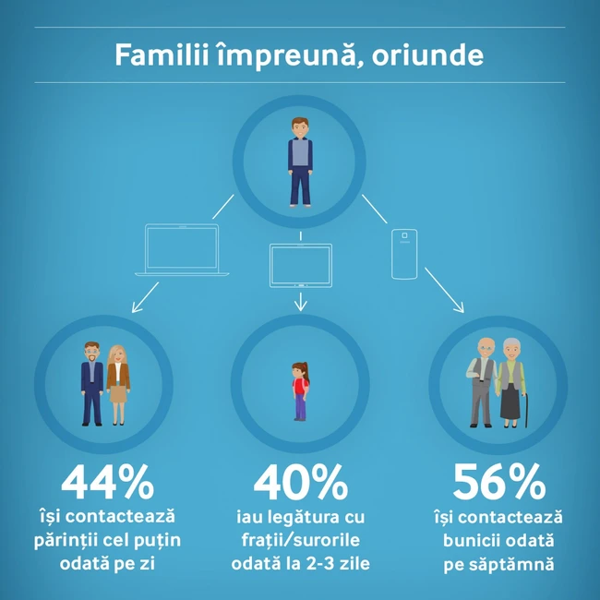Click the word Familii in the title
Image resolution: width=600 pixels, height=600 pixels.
[x=162, y=54]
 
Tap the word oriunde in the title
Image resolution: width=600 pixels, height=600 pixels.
[x=427, y=54]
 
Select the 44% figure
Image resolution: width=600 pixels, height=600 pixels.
[x=107, y=482]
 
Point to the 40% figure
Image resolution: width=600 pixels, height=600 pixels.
[x=301, y=482]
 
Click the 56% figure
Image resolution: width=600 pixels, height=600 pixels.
[x=499, y=481]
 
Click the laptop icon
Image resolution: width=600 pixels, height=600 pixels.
[x=182, y=249]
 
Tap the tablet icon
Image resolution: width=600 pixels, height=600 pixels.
[x=301, y=265]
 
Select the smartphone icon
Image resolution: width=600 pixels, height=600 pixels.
[x=404, y=254]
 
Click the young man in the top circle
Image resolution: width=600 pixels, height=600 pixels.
[x=300, y=162]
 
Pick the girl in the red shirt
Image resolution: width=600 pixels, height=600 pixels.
[x=301, y=391]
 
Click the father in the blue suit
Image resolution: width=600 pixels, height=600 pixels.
[x=91, y=384]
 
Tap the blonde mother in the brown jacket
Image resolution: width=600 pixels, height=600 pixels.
[x=118, y=385]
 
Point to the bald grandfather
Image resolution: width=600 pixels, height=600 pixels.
[x=482, y=382]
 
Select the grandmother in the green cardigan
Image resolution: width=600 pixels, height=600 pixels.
[x=510, y=383]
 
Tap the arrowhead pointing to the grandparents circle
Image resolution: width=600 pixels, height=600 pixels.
[x=460, y=307]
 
